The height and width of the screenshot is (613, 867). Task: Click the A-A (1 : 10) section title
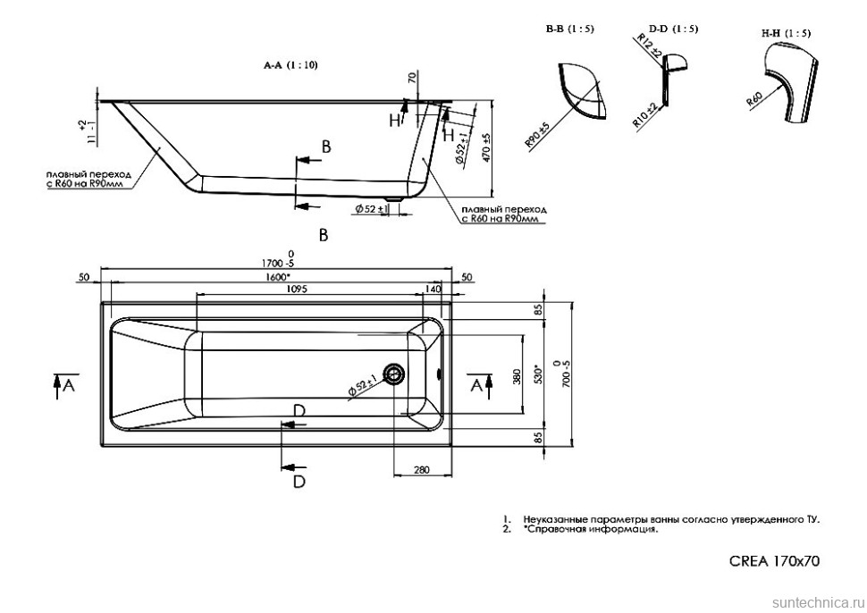[290, 65]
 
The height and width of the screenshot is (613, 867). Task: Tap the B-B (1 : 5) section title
[569, 29]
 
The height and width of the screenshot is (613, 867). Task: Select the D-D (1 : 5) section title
[675, 29]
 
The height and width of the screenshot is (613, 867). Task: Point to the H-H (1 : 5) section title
[786, 33]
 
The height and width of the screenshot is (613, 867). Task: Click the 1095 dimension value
[298, 289]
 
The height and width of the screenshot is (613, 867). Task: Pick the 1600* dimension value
[277, 277]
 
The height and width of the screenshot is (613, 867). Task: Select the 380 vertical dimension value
[516, 377]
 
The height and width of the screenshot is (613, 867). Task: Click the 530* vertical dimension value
[537, 374]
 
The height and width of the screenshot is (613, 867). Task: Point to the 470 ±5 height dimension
[486, 147]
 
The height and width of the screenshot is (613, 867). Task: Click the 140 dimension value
[433, 289]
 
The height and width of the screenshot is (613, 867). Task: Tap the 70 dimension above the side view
[412, 79]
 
